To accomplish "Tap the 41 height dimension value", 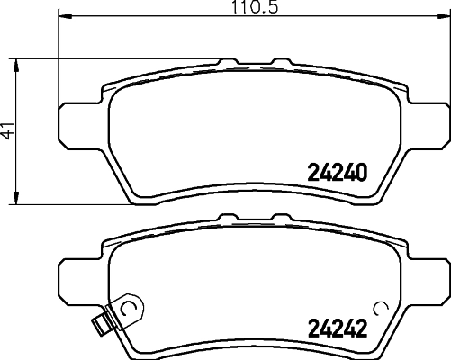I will pos(9,131).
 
